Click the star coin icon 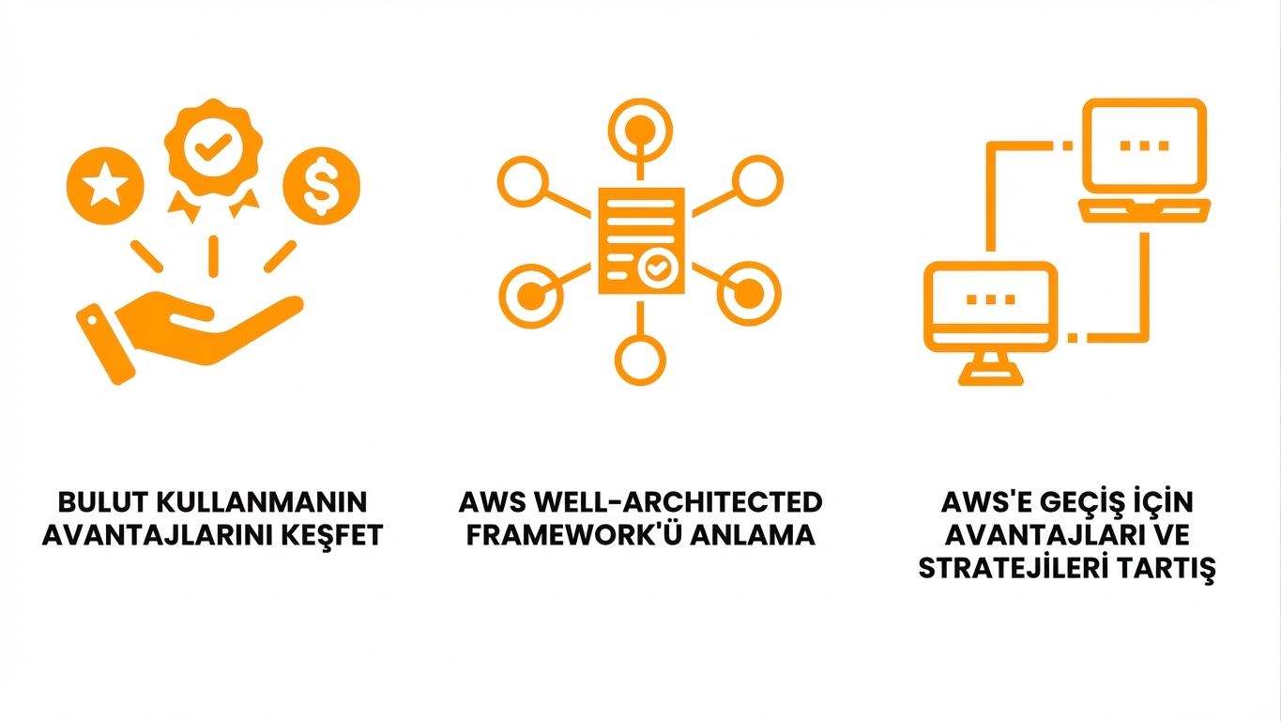[x=105, y=185]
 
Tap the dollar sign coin [x=322, y=185]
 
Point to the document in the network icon [x=641, y=240]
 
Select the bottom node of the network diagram [x=641, y=358]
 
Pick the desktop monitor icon [x=990, y=319]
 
